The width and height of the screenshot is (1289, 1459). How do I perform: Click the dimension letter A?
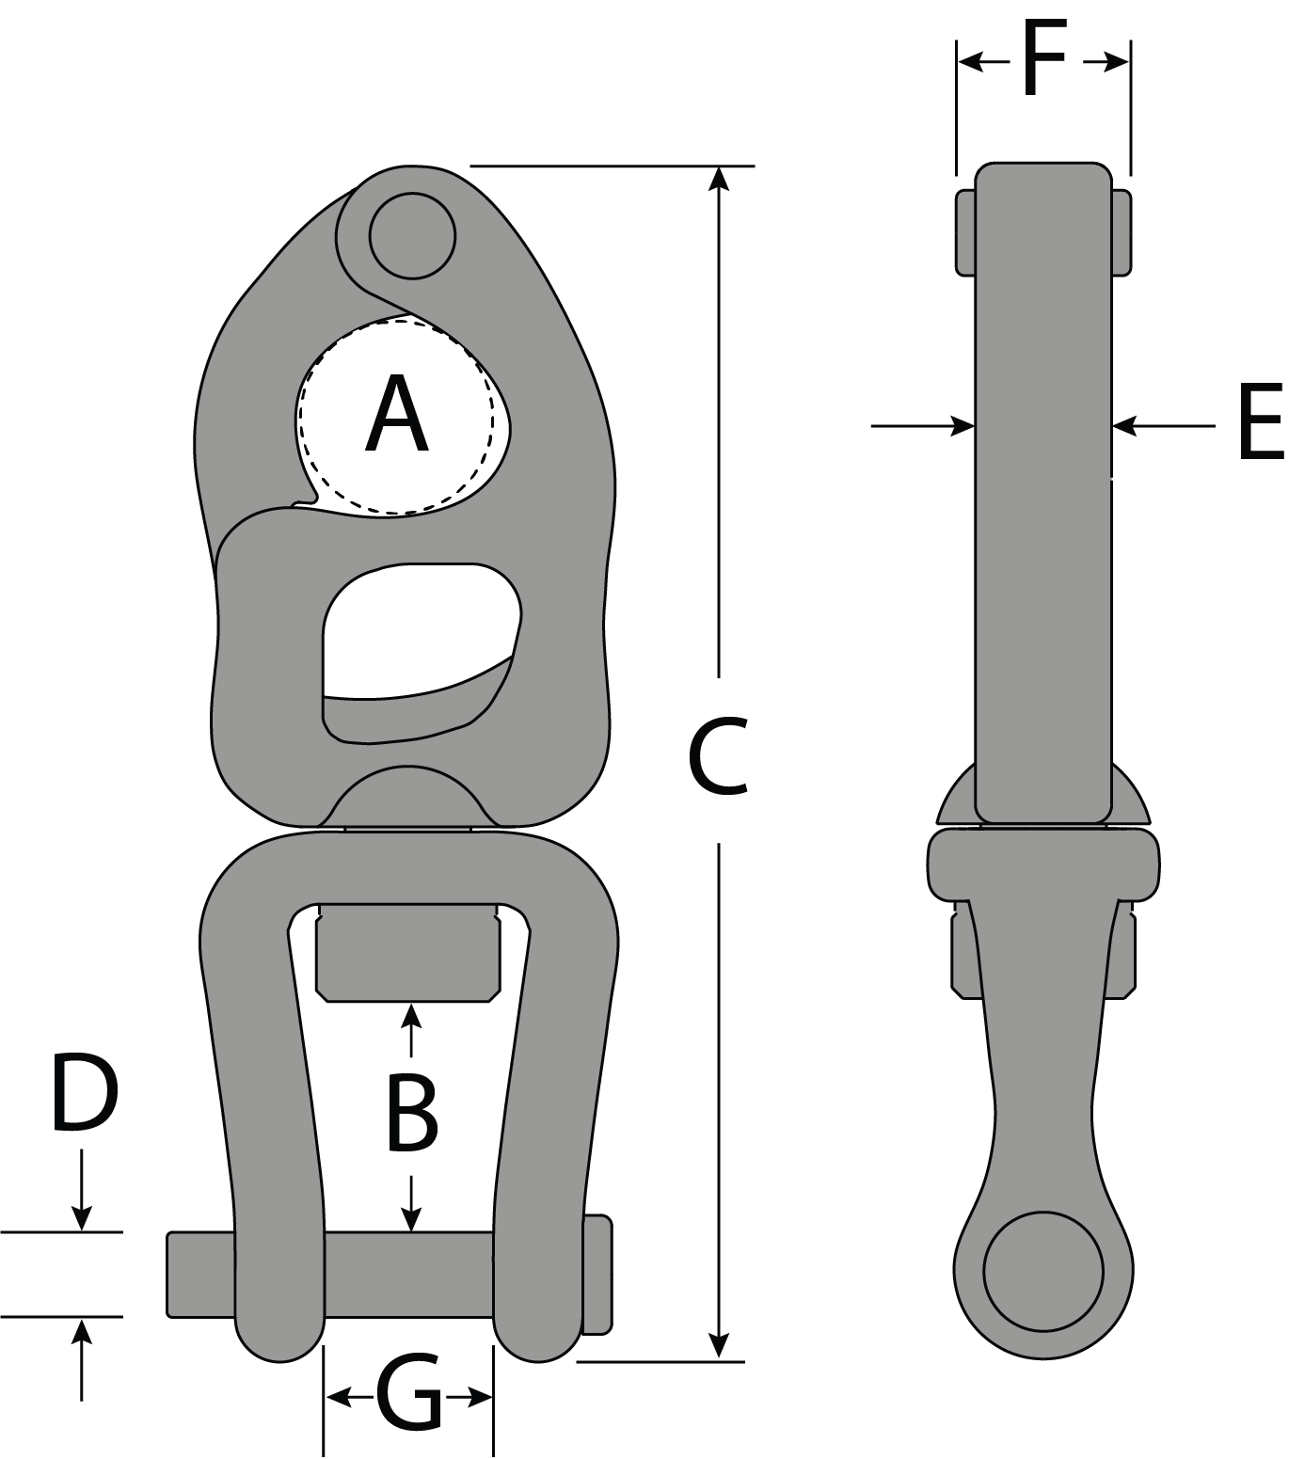click(x=397, y=414)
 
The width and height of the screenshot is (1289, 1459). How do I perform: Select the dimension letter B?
click(x=412, y=1117)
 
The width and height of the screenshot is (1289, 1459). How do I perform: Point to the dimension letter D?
click(x=84, y=1093)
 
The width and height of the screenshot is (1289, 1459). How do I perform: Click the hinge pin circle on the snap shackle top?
click(x=412, y=236)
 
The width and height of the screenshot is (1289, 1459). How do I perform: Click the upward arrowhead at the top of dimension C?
click(x=719, y=179)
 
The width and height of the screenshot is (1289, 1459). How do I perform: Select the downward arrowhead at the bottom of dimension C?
click(x=719, y=1347)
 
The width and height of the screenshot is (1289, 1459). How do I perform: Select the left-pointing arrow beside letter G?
click(x=337, y=1398)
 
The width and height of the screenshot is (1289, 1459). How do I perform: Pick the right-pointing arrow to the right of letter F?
click(x=1115, y=63)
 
